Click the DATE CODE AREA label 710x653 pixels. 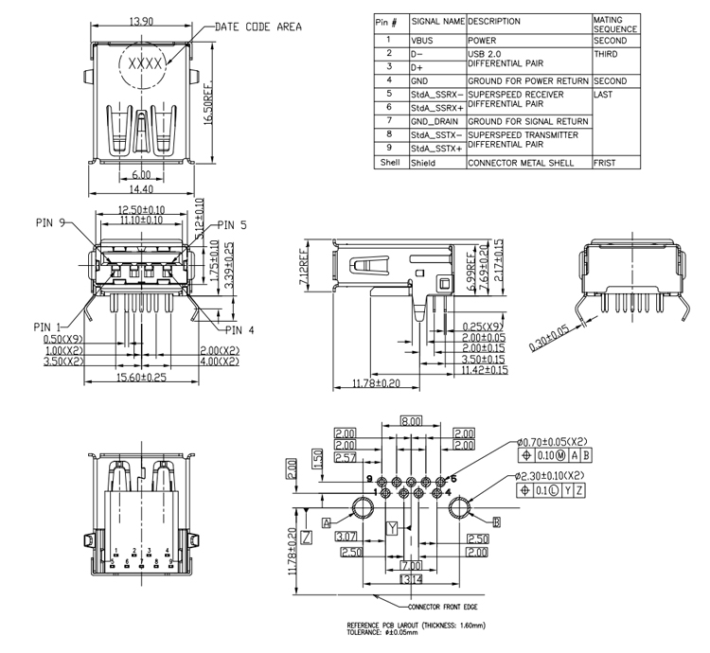tap(258, 26)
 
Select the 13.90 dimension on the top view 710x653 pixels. tap(141, 20)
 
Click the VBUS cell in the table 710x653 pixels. tap(422, 42)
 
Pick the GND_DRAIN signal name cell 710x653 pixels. tap(435, 121)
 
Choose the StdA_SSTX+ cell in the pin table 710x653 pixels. tap(436, 149)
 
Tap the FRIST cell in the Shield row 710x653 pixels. tap(606, 163)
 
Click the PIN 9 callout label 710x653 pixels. tap(49, 223)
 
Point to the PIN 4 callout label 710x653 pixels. tap(240, 330)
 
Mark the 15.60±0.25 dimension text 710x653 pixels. tap(140, 377)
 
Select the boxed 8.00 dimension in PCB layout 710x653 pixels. tap(410, 421)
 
